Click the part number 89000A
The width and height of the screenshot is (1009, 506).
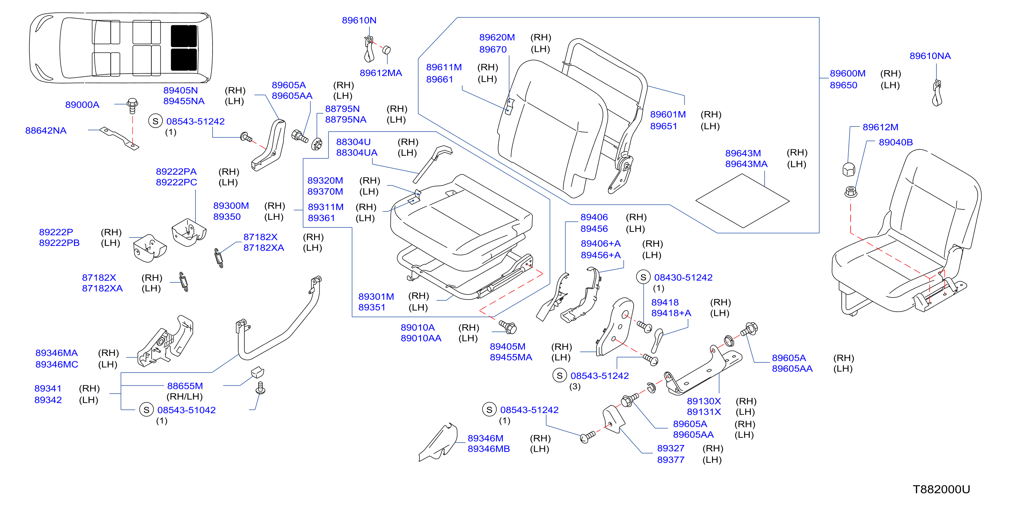point(82,105)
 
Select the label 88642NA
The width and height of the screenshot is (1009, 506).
point(46,131)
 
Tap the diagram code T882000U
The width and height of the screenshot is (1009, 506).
point(941,489)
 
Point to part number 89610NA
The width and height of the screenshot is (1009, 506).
point(930,56)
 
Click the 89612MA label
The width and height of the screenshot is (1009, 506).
point(381,73)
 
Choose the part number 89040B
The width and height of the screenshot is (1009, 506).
point(896,142)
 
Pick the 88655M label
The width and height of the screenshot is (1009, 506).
point(185,386)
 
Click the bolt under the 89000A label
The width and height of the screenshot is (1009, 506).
point(133,105)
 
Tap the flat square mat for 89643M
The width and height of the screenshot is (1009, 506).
point(742,201)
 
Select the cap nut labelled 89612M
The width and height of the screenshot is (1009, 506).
point(849,169)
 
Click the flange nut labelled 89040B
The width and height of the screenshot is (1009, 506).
point(851,192)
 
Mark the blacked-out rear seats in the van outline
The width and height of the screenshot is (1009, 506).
point(184,48)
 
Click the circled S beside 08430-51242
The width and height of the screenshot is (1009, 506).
point(643,277)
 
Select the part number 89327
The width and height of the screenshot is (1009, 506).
point(671,448)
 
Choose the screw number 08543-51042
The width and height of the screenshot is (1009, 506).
point(186,410)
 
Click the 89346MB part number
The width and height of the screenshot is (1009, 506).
point(488,449)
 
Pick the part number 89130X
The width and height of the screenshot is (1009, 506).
point(703,401)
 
